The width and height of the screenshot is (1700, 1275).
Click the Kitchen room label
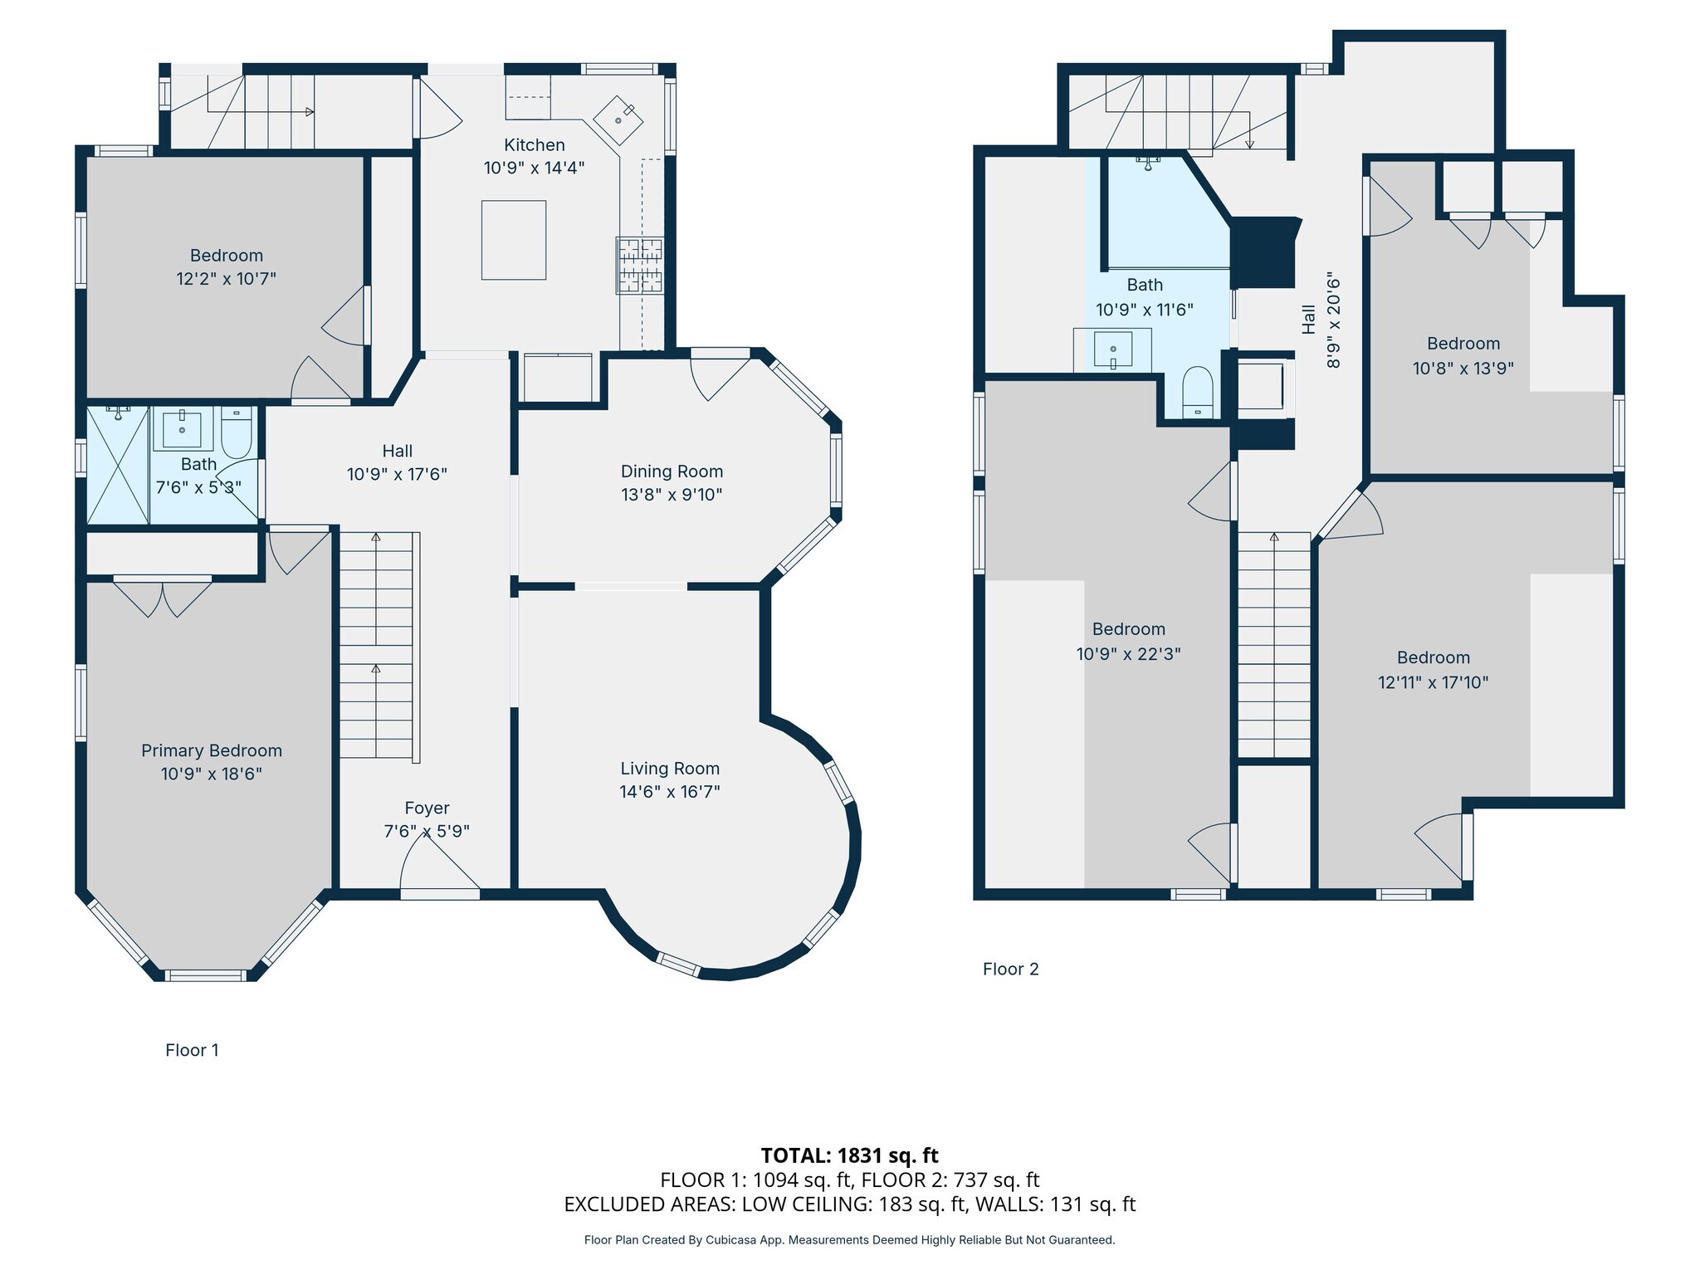tap(534, 145)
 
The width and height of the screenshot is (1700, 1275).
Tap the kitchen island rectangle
tap(514, 240)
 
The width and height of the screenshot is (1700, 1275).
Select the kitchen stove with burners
tap(640, 266)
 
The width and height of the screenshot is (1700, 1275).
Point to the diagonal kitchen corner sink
tap(619, 120)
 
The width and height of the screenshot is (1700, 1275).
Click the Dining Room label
tap(672, 471)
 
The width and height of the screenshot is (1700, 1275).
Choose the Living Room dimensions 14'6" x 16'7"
tap(670, 792)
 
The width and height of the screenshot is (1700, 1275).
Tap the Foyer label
tap(427, 808)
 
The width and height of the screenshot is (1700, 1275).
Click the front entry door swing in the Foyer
tap(440, 863)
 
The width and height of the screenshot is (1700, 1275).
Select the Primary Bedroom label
tap(212, 750)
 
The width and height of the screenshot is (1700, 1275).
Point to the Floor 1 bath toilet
tap(237, 431)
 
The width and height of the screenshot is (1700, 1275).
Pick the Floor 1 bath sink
tap(182, 427)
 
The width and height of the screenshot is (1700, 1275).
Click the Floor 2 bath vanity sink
tap(1112, 349)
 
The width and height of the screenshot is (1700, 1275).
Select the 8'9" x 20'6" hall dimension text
tap(1333, 320)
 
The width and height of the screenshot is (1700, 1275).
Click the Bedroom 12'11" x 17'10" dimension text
tap(1434, 682)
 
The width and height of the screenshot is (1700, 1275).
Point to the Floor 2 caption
tap(1010, 969)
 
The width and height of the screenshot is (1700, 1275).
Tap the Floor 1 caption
tap(192, 1050)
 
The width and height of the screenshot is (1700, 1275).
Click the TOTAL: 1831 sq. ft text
tap(849, 1155)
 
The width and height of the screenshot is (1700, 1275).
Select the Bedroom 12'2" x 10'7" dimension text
tap(226, 279)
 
